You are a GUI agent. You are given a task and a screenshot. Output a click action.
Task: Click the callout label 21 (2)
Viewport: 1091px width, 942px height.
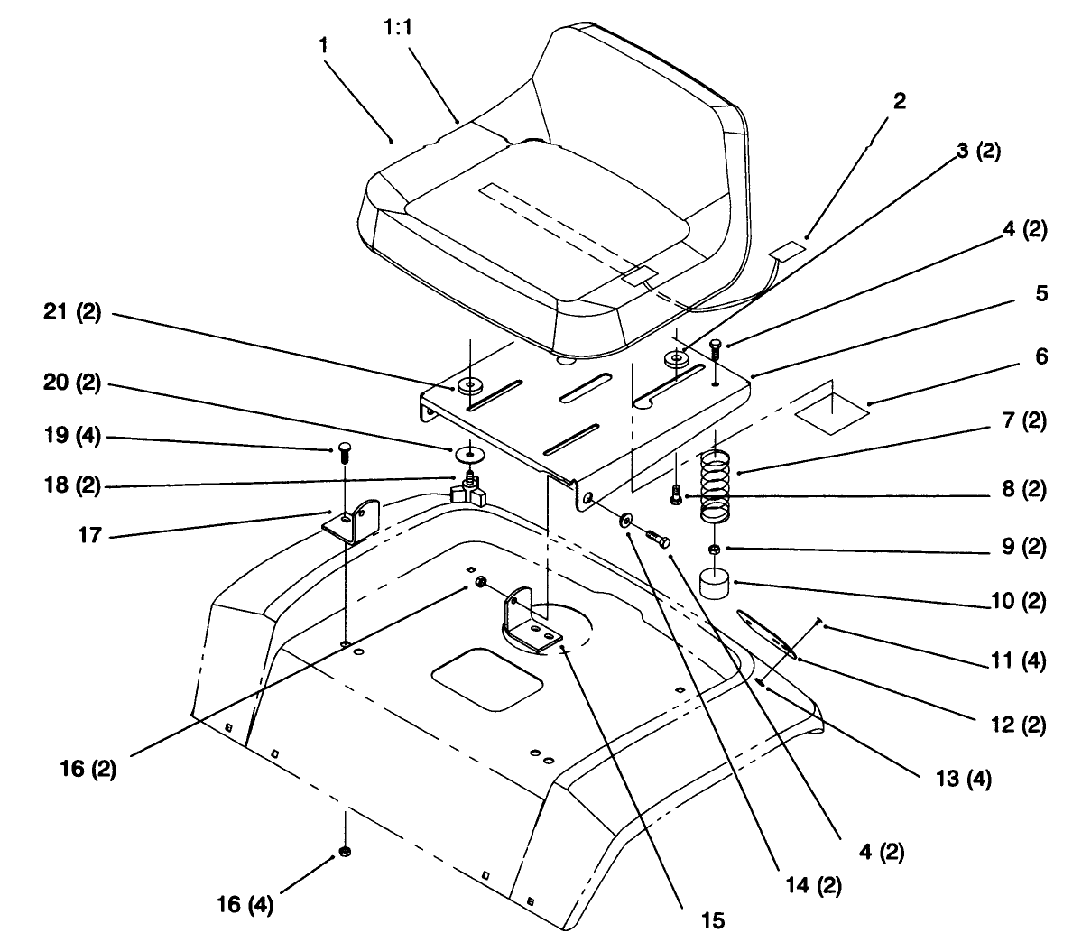72,312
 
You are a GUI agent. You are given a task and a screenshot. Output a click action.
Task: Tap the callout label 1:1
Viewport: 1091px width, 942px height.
398,27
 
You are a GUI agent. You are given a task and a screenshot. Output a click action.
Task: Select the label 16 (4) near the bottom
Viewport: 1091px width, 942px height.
245,904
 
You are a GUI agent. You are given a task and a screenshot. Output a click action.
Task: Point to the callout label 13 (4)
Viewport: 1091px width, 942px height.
964,779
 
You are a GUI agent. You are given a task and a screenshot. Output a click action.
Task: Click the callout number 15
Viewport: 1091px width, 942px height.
713,920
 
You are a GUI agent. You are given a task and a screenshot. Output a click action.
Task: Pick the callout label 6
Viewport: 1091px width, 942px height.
1041,356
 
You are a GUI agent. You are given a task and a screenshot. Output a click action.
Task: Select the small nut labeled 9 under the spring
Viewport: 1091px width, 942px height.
714,549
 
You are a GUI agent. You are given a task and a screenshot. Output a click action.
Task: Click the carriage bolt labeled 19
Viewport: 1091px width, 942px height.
344,452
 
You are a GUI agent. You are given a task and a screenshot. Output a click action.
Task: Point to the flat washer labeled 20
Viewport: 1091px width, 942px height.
468,455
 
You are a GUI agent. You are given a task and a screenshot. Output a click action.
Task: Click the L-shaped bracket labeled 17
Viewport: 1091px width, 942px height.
352,522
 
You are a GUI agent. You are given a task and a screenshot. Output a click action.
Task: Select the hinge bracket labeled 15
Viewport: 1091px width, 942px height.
528,622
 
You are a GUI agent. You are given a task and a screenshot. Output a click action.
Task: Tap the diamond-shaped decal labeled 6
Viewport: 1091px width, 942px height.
832,415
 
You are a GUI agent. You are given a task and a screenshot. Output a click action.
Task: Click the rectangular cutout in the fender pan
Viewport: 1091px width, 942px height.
486,679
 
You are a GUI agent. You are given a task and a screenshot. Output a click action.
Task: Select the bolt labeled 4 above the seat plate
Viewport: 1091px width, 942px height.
716,349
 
